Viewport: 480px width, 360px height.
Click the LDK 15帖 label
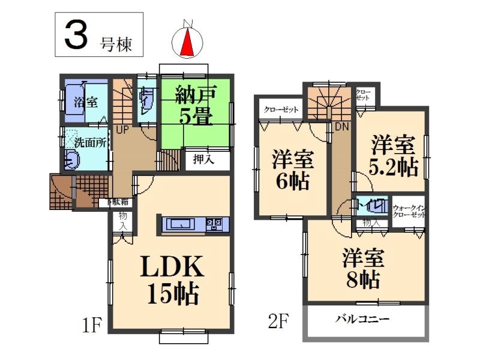pyautogui.click(x=170, y=280)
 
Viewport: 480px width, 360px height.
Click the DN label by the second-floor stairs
pyautogui.click(x=343, y=127)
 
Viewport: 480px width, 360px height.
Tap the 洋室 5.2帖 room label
pyautogui.click(x=393, y=155)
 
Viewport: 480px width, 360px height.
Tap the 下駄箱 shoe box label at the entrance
pyautogui.click(x=118, y=203)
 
